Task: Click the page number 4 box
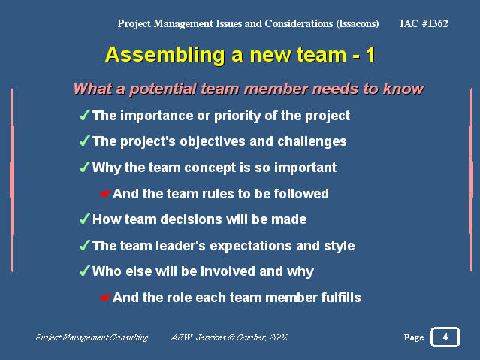pos(445,337)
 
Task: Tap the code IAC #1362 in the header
pos(424,23)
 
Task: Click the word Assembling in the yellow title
pos(165,56)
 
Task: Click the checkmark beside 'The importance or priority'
pos(84,115)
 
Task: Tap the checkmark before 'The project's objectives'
pos(84,141)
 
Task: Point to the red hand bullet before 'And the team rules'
pos(106,194)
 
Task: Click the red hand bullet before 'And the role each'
pos(106,298)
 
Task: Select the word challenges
pos(312,141)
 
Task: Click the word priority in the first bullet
pos(237,116)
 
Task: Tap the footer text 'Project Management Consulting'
pos(92,337)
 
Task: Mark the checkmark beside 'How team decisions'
pos(84,219)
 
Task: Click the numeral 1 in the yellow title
pos(370,55)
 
